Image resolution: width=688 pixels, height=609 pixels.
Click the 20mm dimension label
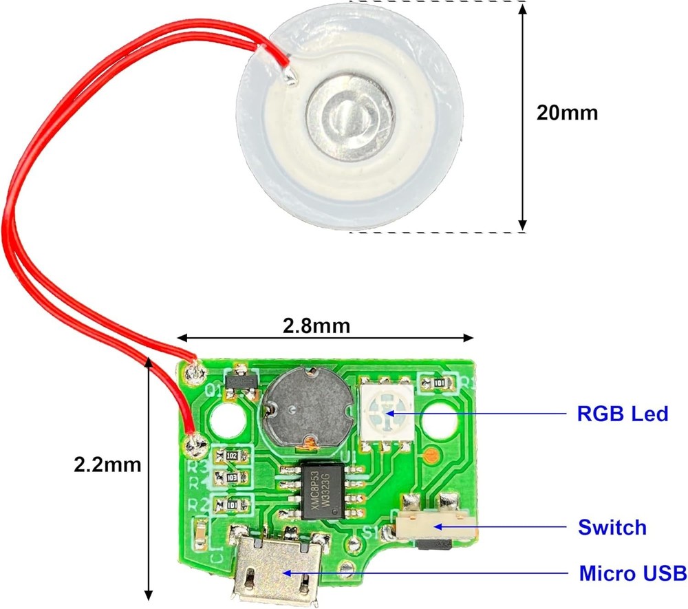coord(567,112)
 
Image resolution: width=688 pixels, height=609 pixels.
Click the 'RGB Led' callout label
coord(621,414)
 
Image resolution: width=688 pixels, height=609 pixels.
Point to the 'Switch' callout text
coord(612,528)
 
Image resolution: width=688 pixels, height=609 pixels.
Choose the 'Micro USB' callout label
coord(632,573)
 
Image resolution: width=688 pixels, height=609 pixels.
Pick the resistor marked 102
coord(232,456)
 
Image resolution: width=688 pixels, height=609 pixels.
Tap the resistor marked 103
coord(232,477)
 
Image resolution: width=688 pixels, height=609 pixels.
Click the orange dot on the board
coord(430,455)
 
